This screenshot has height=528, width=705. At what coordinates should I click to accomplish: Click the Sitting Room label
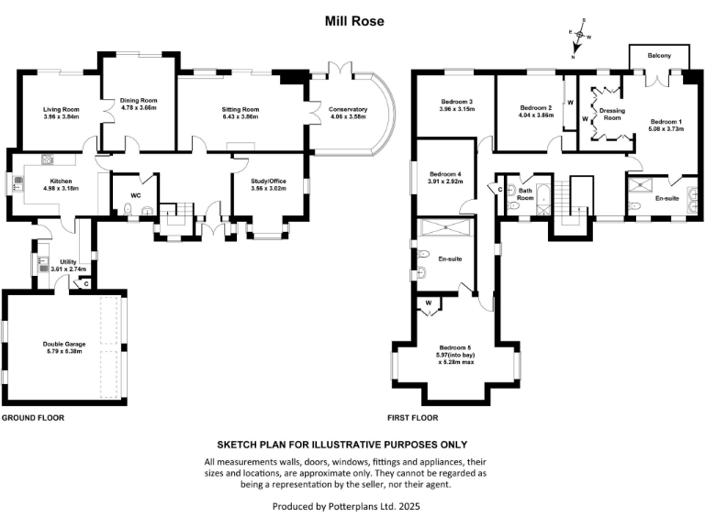pos(241,109)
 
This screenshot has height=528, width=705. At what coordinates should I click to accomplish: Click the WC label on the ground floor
pos(135,195)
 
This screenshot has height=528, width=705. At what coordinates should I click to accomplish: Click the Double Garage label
pos(64,345)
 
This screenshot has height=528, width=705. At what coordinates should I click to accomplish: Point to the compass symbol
pos(578,41)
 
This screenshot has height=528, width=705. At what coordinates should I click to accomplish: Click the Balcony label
pos(658,56)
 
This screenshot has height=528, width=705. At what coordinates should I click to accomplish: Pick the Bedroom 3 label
pos(456,102)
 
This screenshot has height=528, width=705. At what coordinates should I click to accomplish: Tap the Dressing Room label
pos(611,114)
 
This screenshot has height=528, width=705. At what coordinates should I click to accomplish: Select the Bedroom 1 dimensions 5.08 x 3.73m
pos(667,128)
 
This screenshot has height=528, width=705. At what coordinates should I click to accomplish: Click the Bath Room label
pos(524,194)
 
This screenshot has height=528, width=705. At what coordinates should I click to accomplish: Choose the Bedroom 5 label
pos(456,347)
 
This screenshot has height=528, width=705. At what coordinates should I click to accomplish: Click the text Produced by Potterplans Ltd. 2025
pos(353,505)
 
